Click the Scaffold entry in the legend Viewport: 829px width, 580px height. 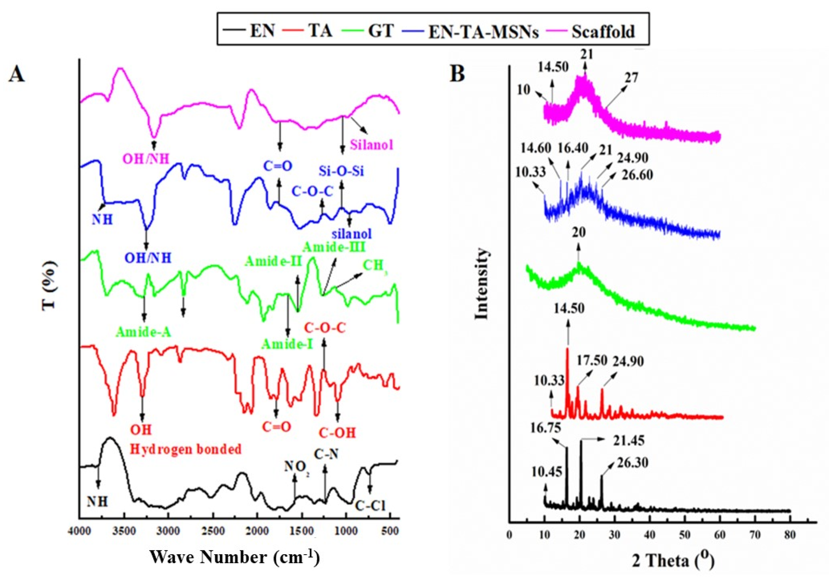tap(603, 32)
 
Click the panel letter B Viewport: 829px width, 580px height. tap(457, 74)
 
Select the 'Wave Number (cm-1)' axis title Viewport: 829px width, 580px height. tap(235, 557)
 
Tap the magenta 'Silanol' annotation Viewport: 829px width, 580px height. tap(372, 145)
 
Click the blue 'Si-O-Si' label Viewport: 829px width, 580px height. tap(341, 171)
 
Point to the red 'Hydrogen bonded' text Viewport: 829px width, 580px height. tap(185, 449)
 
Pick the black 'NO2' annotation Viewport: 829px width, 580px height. tap(297, 467)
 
